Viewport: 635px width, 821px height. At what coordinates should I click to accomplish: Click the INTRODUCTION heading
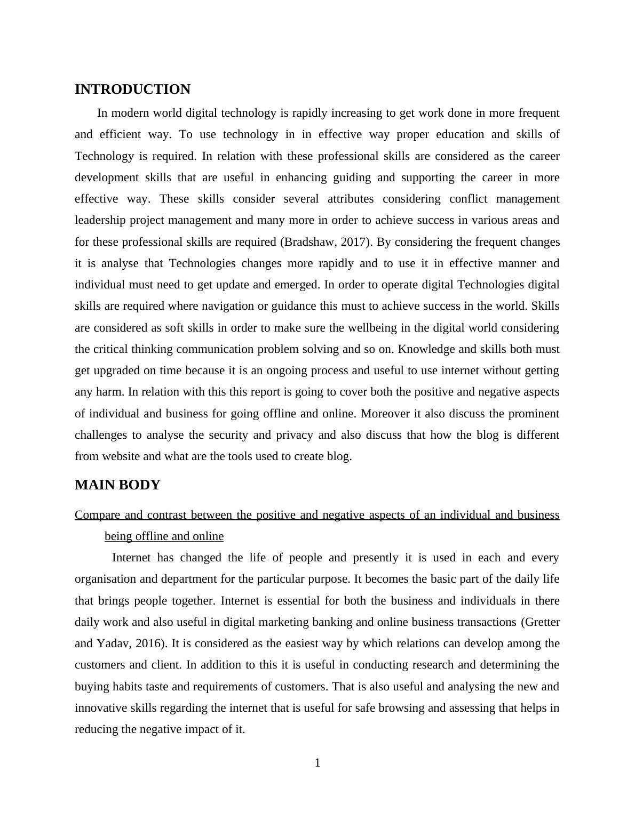click(132, 90)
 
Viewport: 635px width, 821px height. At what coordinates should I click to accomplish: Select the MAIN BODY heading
click(117, 485)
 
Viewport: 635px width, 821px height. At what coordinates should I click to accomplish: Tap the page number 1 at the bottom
click(317, 763)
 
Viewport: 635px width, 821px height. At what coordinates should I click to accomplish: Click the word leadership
click(100, 220)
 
